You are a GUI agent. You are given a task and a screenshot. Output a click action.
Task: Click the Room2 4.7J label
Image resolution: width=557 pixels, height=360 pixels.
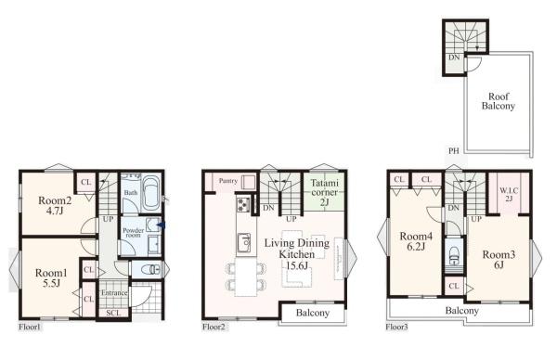(55, 206)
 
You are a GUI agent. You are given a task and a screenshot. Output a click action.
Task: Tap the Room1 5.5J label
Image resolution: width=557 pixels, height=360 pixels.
(51, 277)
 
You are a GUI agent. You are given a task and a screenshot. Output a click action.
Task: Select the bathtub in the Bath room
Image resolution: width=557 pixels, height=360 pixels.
(151, 195)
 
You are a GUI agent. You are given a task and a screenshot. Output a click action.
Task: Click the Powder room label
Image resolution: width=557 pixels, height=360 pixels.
(133, 233)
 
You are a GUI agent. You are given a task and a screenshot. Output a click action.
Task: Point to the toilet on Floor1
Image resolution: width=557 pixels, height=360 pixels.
(150, 269)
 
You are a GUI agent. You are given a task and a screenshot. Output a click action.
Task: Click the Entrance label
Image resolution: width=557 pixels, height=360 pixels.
(114, 293)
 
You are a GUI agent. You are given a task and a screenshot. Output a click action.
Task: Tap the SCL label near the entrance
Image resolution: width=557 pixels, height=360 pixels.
(113, 313)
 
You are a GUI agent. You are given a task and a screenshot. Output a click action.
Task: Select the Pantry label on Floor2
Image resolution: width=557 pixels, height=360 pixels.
(228, 181)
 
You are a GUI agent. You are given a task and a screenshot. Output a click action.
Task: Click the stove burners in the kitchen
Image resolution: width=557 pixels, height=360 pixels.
(243, 204)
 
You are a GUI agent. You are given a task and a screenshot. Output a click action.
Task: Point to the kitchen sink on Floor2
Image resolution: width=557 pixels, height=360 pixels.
(244, 242)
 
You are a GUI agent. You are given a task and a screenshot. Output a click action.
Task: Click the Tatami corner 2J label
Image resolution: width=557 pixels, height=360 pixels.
(324, 192)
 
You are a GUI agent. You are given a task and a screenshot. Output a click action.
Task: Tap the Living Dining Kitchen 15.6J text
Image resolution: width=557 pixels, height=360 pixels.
(297, 254)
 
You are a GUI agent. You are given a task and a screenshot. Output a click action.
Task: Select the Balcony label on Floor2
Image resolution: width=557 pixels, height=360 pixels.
(313, 313)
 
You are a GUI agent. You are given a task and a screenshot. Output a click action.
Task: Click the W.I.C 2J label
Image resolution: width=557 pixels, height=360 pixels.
(509, 194)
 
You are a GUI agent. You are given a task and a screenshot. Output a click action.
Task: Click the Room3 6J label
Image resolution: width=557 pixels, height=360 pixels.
(499, 260)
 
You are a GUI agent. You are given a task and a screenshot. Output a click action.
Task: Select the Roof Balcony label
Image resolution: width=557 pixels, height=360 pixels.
(499, 101)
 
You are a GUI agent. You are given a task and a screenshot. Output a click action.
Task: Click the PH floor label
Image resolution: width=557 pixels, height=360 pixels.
(454, 151)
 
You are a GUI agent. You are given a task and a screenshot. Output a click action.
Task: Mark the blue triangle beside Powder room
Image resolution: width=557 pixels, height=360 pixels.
(162, 225)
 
